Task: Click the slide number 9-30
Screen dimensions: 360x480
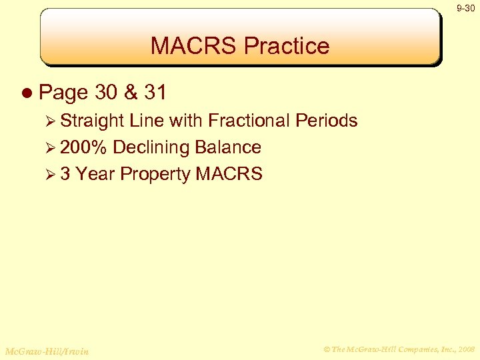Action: pyautogui.click(x=465, y=8)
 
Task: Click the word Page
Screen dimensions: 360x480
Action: pyautogui.click(x=64, y=93)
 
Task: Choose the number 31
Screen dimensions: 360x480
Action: pyautogui.click(x=155, y=92)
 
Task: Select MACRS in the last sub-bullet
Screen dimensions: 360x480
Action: pyautogui.click(x=229, y=174)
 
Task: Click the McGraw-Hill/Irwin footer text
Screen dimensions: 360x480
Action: pyautogui.click(x=47, y=351)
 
